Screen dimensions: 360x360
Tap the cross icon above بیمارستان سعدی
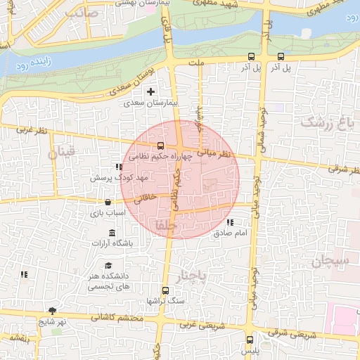click(151, 91)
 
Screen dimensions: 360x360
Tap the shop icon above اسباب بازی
click(107, 202)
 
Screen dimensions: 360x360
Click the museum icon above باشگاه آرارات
click(111, 233)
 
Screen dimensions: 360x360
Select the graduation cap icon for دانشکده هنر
click(108, 265)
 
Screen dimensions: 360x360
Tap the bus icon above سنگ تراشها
click(165, 290)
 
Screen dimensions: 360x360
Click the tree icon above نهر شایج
click(52, 310)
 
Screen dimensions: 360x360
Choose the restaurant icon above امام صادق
click(230, 222)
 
